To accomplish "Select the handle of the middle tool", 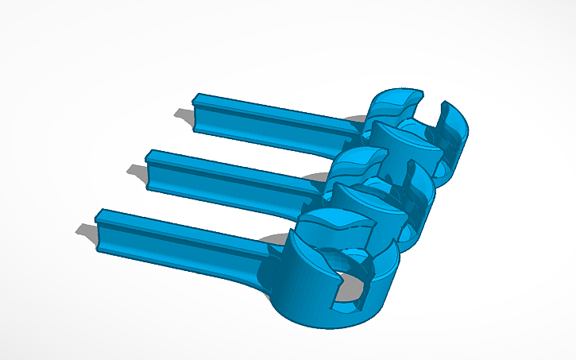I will tap(230, 175).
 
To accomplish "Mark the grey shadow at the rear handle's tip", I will tap(184, 118).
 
